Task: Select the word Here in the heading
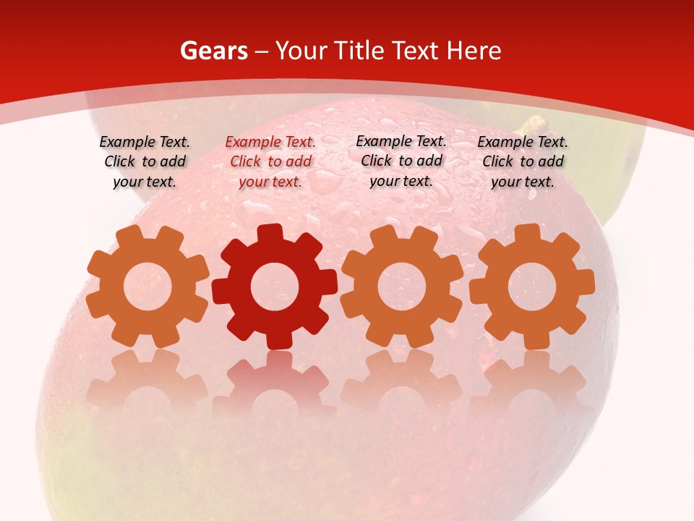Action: (x=474, y=51)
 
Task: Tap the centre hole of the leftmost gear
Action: (x=147, y=287)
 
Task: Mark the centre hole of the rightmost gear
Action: (x=531, y=287)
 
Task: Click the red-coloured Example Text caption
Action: (x=270, y=162)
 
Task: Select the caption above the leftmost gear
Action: (x=145, y=162)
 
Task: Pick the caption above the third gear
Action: (x=401, y=161)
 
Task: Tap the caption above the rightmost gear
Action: (x=523, y=162)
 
